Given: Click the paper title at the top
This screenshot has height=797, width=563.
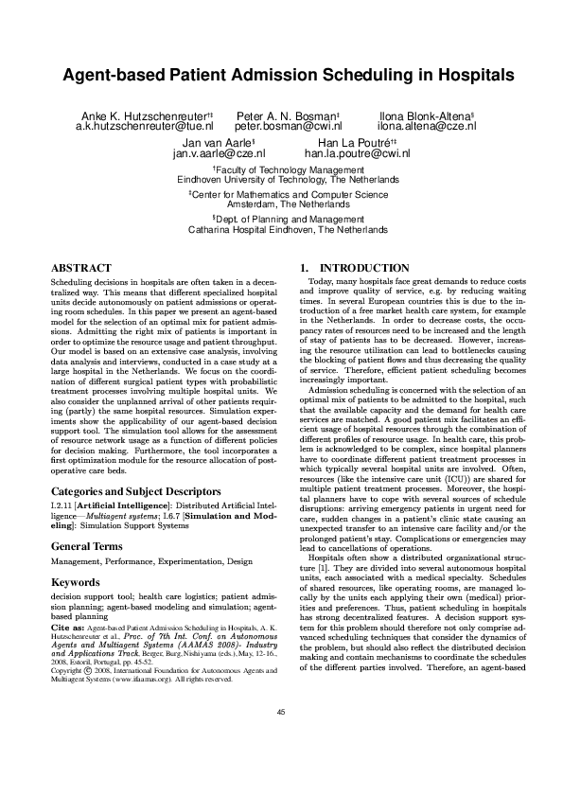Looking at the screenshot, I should click(281, 75).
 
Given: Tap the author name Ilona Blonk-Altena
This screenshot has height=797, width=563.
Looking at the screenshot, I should click(419, 114).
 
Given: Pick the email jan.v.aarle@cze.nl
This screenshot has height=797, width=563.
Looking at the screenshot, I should click(219, 151).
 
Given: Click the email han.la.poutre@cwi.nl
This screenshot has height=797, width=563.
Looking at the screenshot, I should click(343, 151).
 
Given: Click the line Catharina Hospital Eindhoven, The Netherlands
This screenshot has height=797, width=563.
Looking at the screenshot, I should click(282, 230).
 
